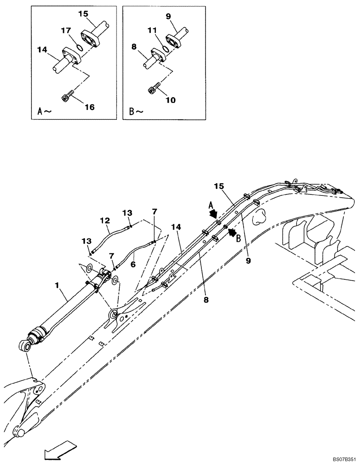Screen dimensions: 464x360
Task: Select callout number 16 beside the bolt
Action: tap(89, 107)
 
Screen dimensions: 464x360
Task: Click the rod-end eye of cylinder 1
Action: tap(26, 346)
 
